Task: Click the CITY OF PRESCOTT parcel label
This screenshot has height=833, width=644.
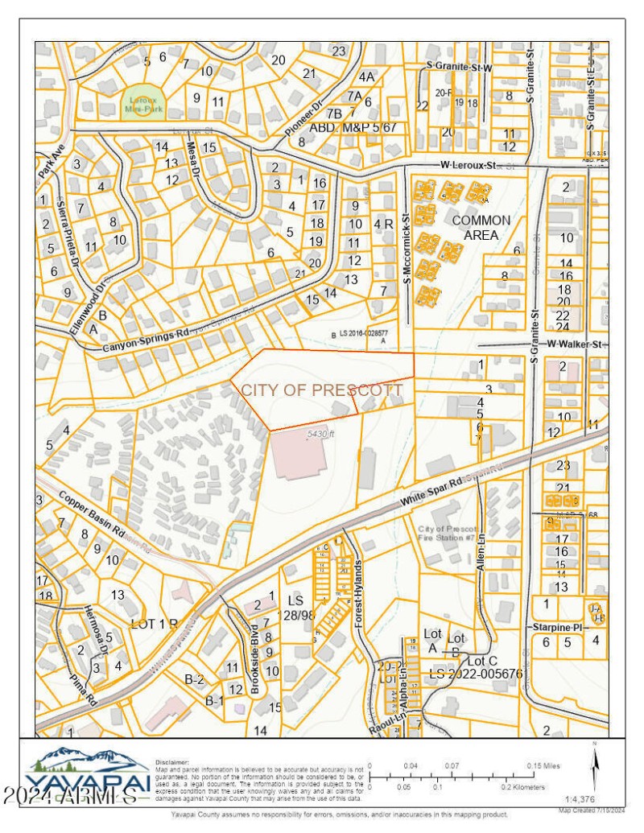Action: [322, 390]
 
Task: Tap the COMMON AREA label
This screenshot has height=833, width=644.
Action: [481, 227]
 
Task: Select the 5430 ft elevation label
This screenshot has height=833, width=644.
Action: [320, 435]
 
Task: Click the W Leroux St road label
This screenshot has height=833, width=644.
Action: [468, 166]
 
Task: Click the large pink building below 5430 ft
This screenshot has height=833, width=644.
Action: [296, 455]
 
